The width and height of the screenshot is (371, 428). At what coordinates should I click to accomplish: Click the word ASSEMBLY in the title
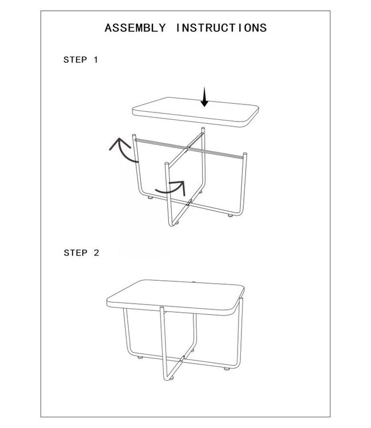[136, 27]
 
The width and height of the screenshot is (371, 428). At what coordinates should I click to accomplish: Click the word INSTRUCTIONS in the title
[221, 27]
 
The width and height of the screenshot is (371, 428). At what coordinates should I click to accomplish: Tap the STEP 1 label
[80, 59]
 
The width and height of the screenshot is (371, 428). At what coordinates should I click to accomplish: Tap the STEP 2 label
[80, 253]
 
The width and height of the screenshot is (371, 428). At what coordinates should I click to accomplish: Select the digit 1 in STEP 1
[96, 59]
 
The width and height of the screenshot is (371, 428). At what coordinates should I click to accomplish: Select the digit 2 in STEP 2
[96, 253]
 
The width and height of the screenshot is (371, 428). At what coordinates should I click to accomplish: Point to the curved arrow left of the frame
[123, 151]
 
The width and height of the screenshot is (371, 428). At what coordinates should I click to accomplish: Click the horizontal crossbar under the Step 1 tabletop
[188, 147]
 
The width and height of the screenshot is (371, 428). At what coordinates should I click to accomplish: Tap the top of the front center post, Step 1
[166, 163]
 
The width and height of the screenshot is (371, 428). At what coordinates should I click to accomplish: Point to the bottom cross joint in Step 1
[189, 201]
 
